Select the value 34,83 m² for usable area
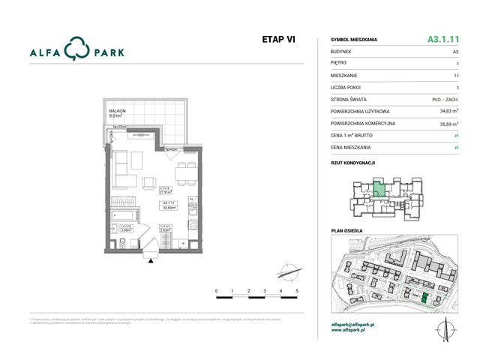pyautogui.click(x=445, y=111)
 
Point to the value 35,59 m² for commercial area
pyautogui.click(x=445, y=123)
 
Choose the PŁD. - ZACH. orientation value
pyautogui.click(x=443, y=99)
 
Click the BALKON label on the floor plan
pyautogui.click(x=117, y=111)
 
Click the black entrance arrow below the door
pyautogui.click(x=153, y=259)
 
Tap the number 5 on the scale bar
pyautogui.click(x=297, y=290)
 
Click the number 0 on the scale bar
pyautogui.click(x=216, y=290)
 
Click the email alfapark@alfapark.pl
pyautogui.click(x=357, y=325)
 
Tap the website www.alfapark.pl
pyautogui.click(x=352, y=331)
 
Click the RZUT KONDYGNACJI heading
pyautogui.click(x=353, y=162)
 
